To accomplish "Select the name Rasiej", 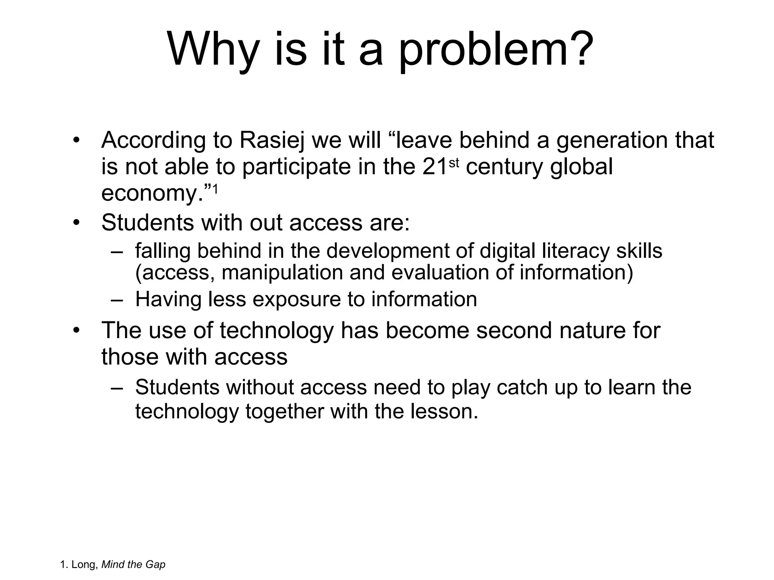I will (x=272, y=140).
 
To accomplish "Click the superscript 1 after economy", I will (x=215, y=189).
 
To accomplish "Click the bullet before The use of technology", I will (x=77, y=330).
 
